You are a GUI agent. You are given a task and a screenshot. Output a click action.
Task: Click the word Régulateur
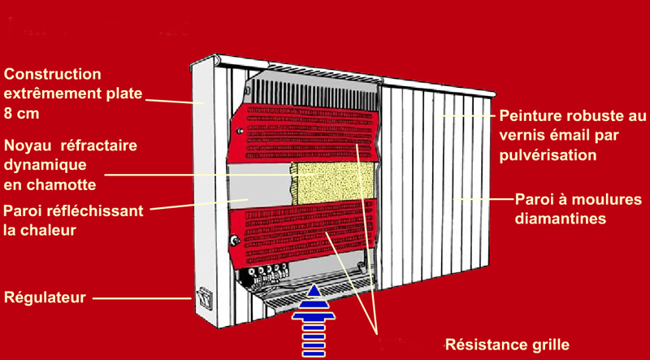[x=45, y=297]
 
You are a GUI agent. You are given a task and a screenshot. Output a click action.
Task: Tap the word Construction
[x=53, y=74]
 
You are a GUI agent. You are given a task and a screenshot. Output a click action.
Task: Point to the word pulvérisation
[x=548, y=154]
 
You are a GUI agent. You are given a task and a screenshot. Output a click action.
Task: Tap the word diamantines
[x=563, y=218]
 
